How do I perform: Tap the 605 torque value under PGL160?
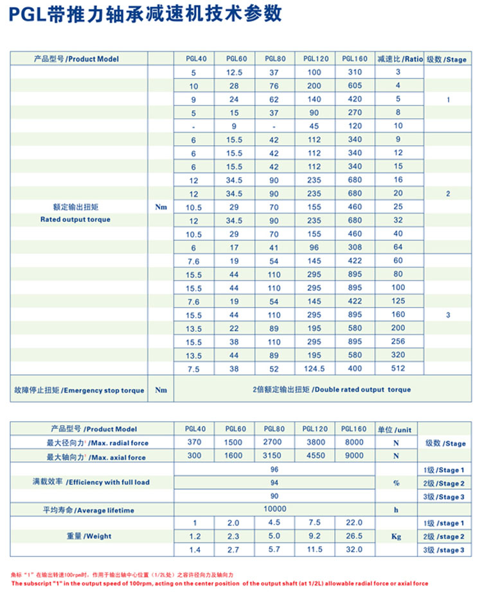point(355,86)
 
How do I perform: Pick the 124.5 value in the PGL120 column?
point(315,369)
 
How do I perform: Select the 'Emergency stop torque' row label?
point(79,390)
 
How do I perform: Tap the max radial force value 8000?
point(354,442)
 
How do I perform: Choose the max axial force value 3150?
point(274,457)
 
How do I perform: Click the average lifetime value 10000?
point(274,509)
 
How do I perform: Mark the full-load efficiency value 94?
point(274,482)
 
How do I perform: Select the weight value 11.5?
point(315,550)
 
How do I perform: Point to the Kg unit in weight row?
point(396,536)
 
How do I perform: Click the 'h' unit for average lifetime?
point(397,510)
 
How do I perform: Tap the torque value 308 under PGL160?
point(355,247)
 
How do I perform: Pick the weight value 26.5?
point(354,536)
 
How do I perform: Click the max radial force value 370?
point(194,442)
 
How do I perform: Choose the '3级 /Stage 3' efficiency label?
point(444,497)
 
